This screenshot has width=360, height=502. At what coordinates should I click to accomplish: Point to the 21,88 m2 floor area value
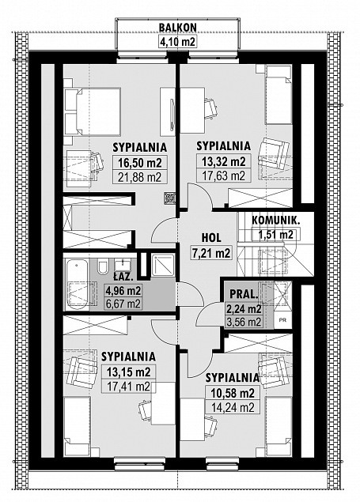(x=138, y=177)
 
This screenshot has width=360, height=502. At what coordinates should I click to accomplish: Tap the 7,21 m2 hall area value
(x=210, y=253)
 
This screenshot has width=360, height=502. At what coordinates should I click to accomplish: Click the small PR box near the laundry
(x=283, y=319)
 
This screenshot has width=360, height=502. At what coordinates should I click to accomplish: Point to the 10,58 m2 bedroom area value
(x=233, y=393)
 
